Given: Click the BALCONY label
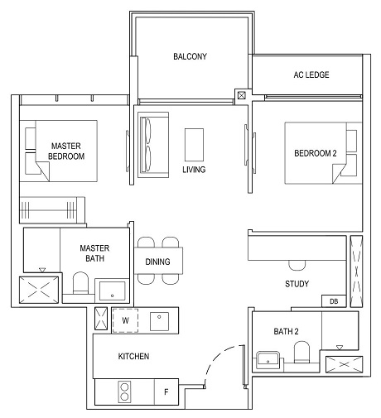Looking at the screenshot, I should (190, 57).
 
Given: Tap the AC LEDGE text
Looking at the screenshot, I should (311, 75).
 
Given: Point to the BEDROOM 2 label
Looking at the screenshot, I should (316, 154).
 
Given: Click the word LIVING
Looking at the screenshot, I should (194, 170).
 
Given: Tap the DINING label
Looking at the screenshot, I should (157, 262).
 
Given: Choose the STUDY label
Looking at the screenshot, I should (297, 284).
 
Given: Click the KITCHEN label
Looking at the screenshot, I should (133, 356).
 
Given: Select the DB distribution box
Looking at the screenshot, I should (335, 301).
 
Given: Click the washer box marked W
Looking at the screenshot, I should (125, 320).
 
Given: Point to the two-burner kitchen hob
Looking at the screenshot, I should (124, 392).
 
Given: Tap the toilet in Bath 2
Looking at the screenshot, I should (301, 357).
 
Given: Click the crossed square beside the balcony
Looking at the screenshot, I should (241, 95).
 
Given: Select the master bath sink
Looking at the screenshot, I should (111, 291).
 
